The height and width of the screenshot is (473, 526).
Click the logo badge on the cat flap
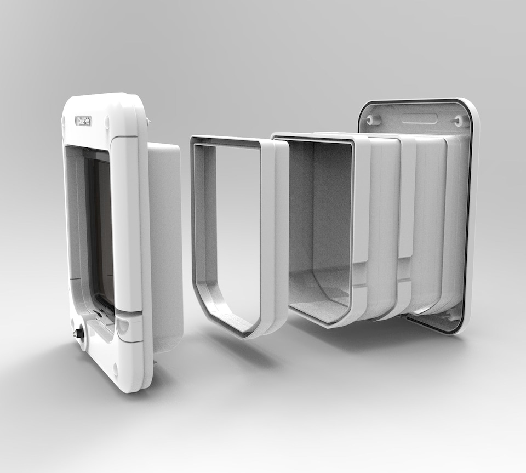[x=83, y=121]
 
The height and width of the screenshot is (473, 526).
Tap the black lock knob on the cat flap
[x=79, y=333]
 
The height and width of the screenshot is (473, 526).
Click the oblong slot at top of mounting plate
[x=419, y=118]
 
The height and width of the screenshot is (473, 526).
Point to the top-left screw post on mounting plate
[x=374, y=119]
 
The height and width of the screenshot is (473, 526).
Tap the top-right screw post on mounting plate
[x=458, y=121]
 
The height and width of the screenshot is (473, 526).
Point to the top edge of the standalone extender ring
[x=227, y=141]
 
